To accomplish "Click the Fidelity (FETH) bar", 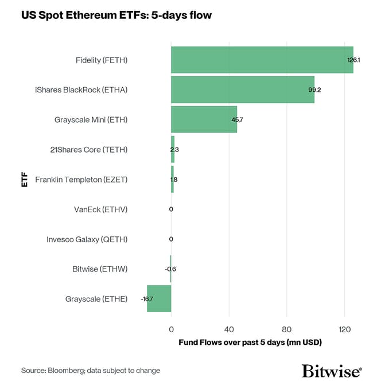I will (x=262, y=60).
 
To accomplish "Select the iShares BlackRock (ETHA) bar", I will (x=242, y=90).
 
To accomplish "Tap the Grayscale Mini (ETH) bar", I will (x=204, y=119).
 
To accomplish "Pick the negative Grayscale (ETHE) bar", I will (x=159, y=298).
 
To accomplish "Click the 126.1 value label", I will (x=353, y=60).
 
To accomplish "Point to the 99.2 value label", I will (x=314, y=90).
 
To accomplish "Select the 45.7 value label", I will (x=237, y=120).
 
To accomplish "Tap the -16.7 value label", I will (x=147, y=299).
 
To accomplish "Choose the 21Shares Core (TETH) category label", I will (x=89, y=149).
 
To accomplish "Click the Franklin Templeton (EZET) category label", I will (x=81, y=179).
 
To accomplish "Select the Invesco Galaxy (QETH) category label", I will (x=87, y=239).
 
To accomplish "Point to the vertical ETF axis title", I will (x=24, y=179).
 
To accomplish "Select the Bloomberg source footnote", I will (x=91, y=371).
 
